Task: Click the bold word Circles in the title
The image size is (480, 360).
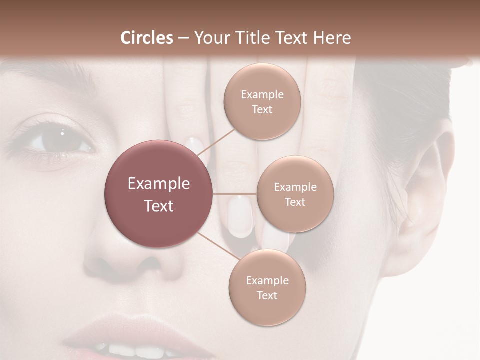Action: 147,38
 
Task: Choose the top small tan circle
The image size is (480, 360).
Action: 262,101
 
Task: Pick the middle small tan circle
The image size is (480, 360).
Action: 295,194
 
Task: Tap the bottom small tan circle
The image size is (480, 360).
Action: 267,287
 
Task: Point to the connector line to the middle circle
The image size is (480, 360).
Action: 234,194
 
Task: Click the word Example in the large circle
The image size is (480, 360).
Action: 159,184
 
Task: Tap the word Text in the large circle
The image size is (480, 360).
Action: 159,206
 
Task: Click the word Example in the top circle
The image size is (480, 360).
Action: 262,94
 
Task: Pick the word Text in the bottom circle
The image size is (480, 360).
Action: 267,295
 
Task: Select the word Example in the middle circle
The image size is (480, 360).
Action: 295,187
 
